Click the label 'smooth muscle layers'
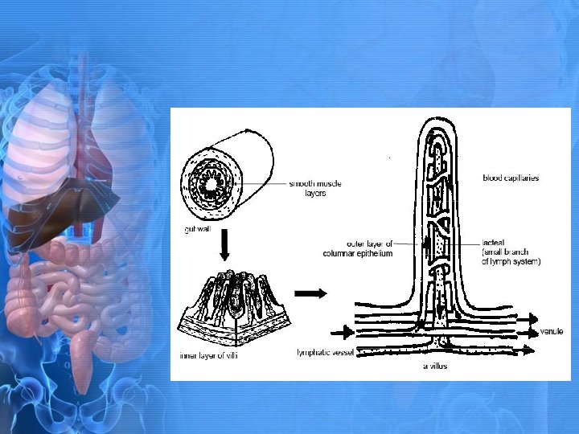tap(315, 188)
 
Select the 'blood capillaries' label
tap(511, 178)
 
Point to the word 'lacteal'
tap(492, 242)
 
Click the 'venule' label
tap(552, 331)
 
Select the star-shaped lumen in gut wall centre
tap(212, 187)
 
